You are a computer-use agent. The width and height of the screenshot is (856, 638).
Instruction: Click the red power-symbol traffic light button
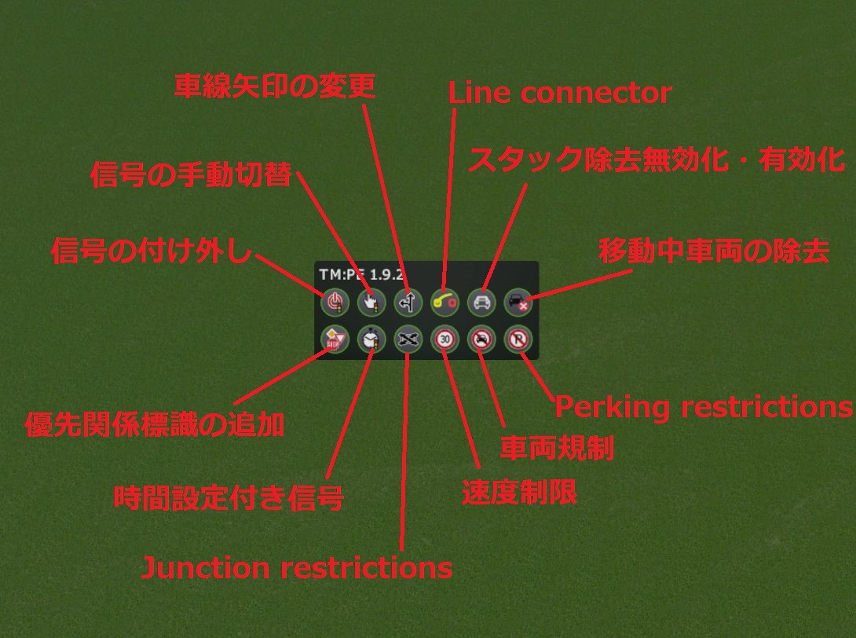[x=335, y=301]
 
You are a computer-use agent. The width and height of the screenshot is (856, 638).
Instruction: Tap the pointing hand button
[x=371, y=301]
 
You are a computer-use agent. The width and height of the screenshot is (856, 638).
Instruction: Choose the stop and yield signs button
[x=335, y=339]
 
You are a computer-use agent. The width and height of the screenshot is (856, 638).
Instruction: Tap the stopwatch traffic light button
[x=371, y=339]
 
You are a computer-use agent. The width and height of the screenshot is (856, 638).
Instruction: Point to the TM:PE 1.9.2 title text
[x=362, y=274]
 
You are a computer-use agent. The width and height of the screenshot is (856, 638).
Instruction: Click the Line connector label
[x=560, y=93]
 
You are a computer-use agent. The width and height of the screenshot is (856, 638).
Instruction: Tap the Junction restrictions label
[x=297, y=567]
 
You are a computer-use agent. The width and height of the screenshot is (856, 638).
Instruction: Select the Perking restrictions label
[x=704, y=407]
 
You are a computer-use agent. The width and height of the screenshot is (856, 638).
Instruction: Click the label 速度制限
[x=519, y=492]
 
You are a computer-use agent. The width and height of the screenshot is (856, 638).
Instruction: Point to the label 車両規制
[x=557, y=449]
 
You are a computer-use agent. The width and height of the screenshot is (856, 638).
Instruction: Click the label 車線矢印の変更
[x=275, y=86]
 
